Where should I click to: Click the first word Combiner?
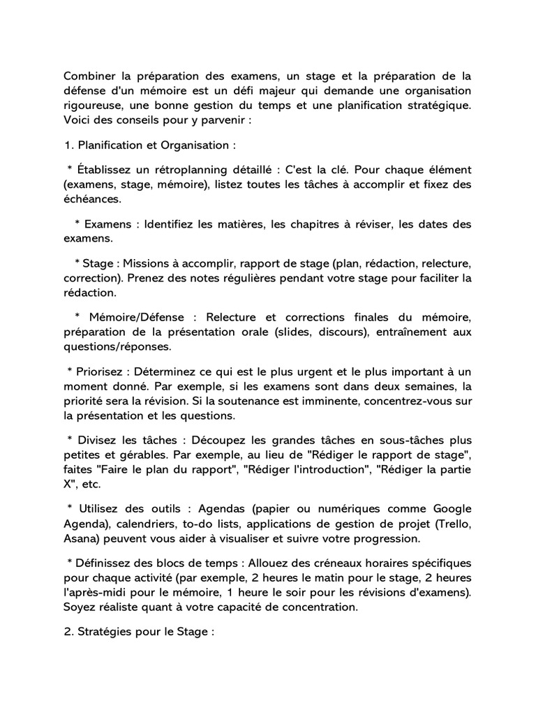[91, 76]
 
